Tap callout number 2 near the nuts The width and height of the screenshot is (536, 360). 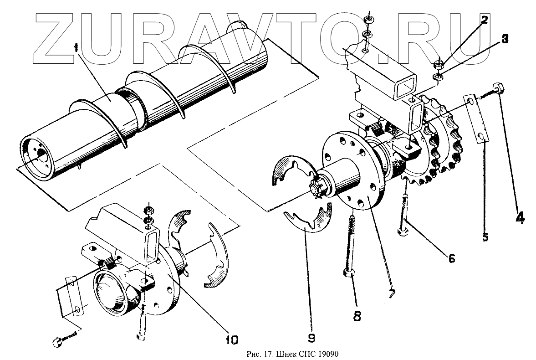point(484,20)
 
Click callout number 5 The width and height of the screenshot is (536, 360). point(485,237)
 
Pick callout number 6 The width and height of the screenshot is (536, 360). point(451,258)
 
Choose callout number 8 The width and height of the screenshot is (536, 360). point(357,315)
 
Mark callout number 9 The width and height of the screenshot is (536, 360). point(311,338)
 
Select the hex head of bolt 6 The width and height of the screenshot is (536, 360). point(403,232)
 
